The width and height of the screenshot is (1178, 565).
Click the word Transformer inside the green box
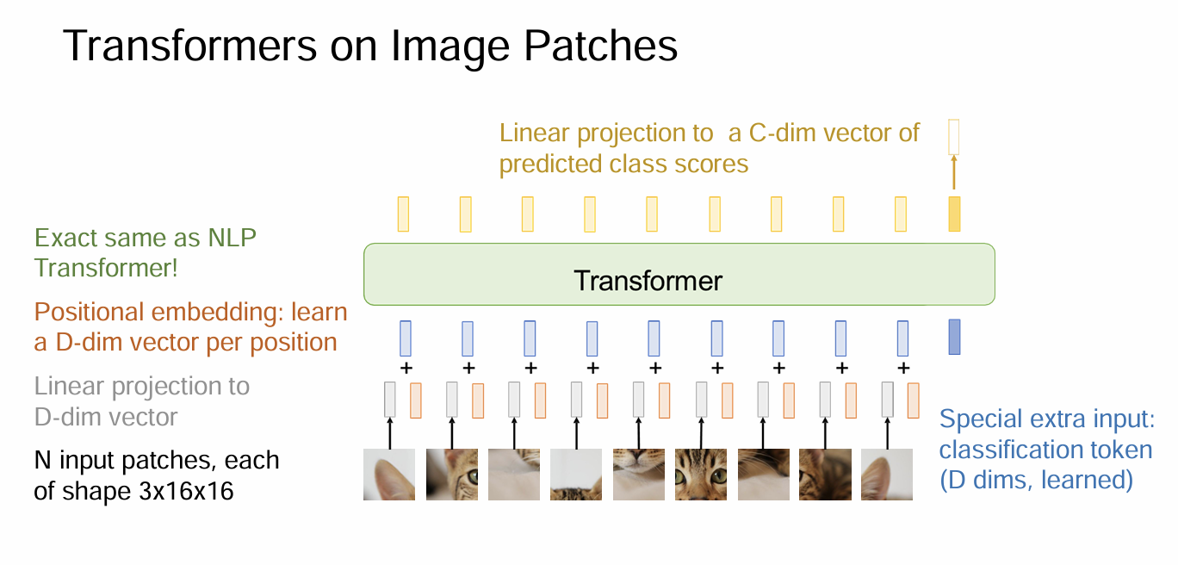(x=648, y=281)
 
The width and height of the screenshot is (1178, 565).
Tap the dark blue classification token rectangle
(x=954, y=337)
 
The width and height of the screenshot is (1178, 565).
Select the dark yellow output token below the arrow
(x=954, y=214)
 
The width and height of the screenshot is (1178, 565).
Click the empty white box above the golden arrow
(x=953, y=137)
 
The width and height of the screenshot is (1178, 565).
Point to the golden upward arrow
(x=953, y=175)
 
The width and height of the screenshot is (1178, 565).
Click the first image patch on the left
(x=389, y=475)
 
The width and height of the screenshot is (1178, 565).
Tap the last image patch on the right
(x=886, y=475)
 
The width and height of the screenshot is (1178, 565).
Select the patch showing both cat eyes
(x=700, y=475)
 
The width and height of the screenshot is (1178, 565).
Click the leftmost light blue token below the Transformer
(x=406, y=338)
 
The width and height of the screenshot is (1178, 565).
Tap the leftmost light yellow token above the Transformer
(x=403, y=214)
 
